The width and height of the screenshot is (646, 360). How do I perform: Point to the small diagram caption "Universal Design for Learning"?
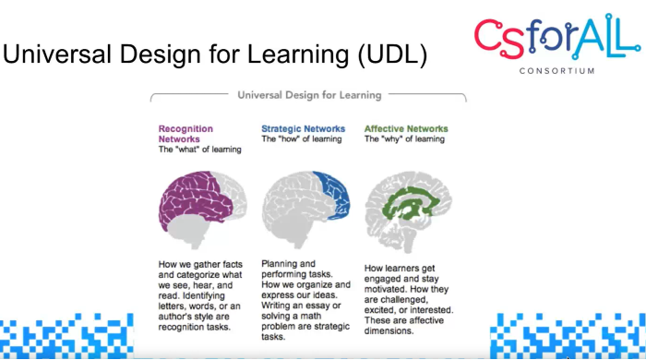click(309, 95)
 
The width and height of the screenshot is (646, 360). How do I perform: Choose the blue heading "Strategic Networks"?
click(303, 129)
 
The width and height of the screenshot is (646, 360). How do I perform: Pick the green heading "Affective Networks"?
click(407, 129)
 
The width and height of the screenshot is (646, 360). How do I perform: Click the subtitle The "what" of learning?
click(198, 150)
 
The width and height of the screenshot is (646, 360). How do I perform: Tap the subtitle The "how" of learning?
click(302, 139)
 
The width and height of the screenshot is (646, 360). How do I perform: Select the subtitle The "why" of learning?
click(405, 139)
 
